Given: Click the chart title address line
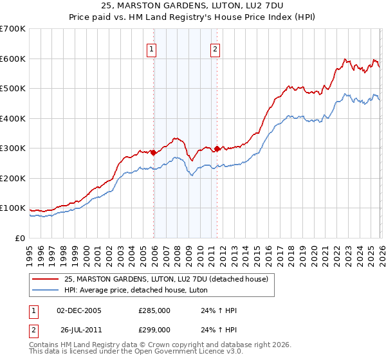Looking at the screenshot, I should tap(193, 6).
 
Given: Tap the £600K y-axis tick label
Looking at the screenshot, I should tap(13, 59).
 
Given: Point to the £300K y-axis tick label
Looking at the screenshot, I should tap(13, 148).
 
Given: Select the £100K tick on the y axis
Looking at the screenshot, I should tap(13, 208).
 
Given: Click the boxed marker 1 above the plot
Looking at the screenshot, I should tap(151, 49).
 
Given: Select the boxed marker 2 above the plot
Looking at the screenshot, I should tap(214, 49).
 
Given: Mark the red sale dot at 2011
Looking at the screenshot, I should tap(217, 148).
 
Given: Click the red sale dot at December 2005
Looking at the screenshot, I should tap(154, 152).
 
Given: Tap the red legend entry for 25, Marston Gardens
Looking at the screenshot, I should tap(170, 278).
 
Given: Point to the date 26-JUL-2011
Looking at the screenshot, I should tap(80, 329).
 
